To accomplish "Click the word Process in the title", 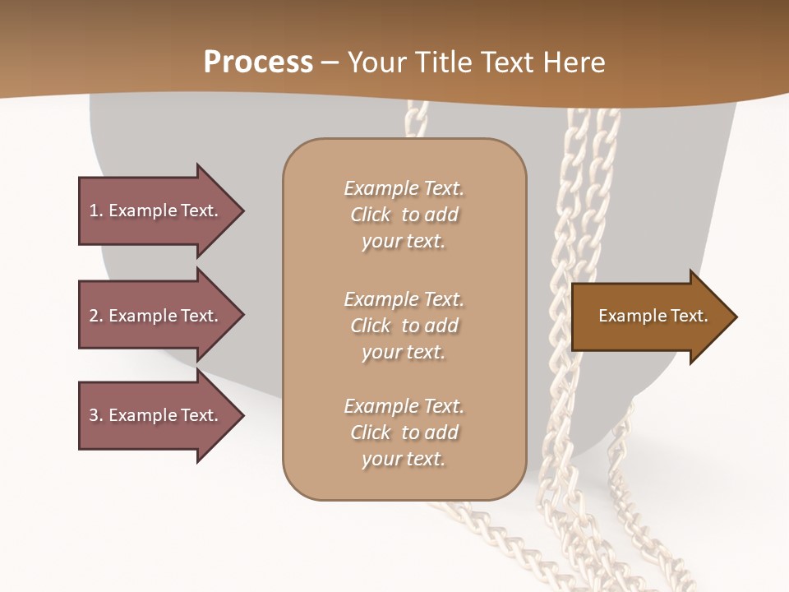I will click(258, 62).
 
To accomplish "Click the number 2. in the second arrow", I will click(95, 316).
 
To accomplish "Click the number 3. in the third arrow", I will click(95, 415).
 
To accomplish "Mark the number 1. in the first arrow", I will click(95, 210).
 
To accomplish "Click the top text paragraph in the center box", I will click(404, 215).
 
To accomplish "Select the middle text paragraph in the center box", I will click(404, 326).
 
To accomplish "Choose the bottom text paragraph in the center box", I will click(404, 432).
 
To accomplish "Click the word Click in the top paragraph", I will click(371, 215).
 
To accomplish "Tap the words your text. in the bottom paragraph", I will click(404, 459).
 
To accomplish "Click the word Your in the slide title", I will click(376, 62).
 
